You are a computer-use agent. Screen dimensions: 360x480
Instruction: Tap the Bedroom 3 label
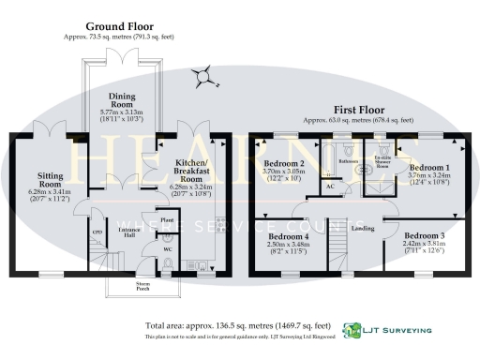click(427, 237)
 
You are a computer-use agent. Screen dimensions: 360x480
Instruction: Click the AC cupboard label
click(330, 187)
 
